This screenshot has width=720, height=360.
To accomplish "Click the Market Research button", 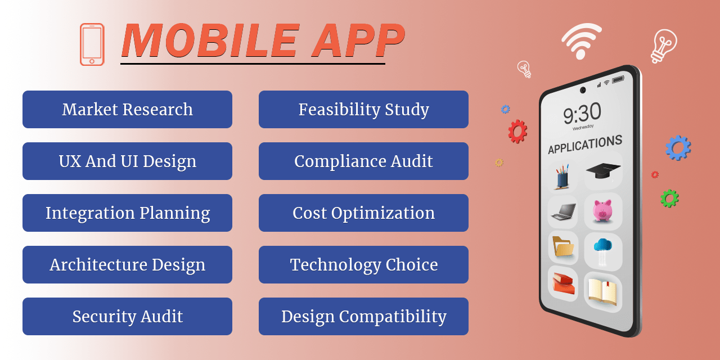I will click(127, 109).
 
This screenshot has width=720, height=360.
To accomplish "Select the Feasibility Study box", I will click(363, 109).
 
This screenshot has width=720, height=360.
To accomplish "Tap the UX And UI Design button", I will click(127, 161).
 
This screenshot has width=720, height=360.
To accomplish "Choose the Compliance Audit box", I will click(363, 161).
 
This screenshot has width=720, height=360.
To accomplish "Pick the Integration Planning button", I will click(127, 213).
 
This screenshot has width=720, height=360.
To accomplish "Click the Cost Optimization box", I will click(363, 213).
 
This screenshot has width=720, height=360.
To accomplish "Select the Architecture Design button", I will click(127, 264).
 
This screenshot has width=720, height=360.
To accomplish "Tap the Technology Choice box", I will click(363, 264).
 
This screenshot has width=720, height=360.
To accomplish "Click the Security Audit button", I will click(127, 316).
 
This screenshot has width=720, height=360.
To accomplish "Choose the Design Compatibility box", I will click(363, 316).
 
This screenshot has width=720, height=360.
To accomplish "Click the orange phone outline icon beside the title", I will click(92, 44).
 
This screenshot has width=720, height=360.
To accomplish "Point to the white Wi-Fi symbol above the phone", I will click(581, 41).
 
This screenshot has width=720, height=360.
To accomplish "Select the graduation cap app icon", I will click(602, 170).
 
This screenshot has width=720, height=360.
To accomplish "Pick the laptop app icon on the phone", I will click(562, 211).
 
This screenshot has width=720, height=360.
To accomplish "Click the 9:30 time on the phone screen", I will click(582, 114).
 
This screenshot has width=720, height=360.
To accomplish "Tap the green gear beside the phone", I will click(669, 198).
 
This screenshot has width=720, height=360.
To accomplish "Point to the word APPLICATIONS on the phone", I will click(585, 145).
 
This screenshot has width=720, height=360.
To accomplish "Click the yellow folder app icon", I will click(562, 247).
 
